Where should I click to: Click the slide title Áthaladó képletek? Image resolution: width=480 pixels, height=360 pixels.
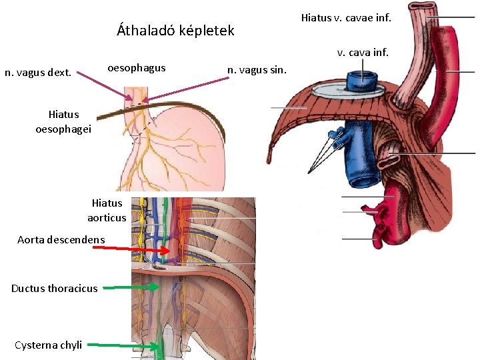tap(175, 30)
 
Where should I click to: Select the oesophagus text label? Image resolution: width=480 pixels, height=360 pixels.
tap(136, 68)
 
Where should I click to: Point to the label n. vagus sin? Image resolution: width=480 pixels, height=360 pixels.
tap(257, 69)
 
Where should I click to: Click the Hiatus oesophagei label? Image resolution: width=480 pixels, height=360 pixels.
tap(63, 121)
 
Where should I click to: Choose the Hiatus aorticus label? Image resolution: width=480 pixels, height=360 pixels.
tap(107, 210)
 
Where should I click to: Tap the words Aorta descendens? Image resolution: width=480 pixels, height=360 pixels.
tap(61, 239)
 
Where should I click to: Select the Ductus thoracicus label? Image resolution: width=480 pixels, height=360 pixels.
tap(54, 289)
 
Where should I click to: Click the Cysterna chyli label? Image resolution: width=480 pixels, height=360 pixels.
tap(48, 345)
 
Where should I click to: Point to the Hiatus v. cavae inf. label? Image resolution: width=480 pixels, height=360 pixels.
tap(346, 17)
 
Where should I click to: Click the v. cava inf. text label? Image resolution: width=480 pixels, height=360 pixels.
tap(363, 52)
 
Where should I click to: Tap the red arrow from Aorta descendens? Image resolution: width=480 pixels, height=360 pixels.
tap(130, 249)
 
